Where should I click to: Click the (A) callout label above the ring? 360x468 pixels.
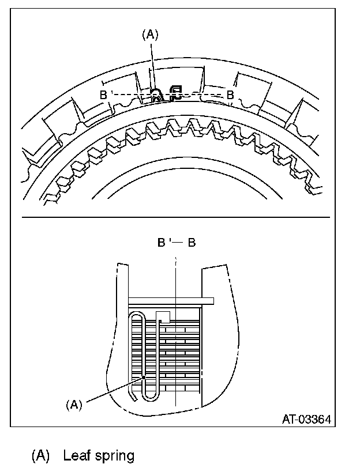coord(149,35)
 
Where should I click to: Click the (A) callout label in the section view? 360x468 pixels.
coord(74,405)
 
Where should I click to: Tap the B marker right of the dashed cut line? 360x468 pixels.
coord(230,95)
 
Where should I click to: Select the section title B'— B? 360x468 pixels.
coord(177,243)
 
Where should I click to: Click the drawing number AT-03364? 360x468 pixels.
coord(306,419)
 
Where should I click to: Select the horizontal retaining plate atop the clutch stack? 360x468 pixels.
coord(171,301)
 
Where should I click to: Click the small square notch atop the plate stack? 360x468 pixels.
coord(163,316)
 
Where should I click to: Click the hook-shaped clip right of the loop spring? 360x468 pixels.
coord(175,93)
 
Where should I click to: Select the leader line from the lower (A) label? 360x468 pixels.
coord(112,391)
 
